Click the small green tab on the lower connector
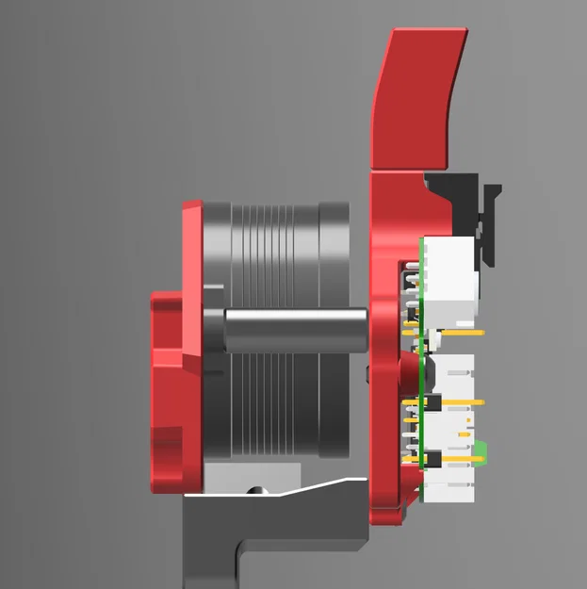tap(481, 450)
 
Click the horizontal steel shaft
tap(292, 330)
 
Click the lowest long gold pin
tap(462, 460)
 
